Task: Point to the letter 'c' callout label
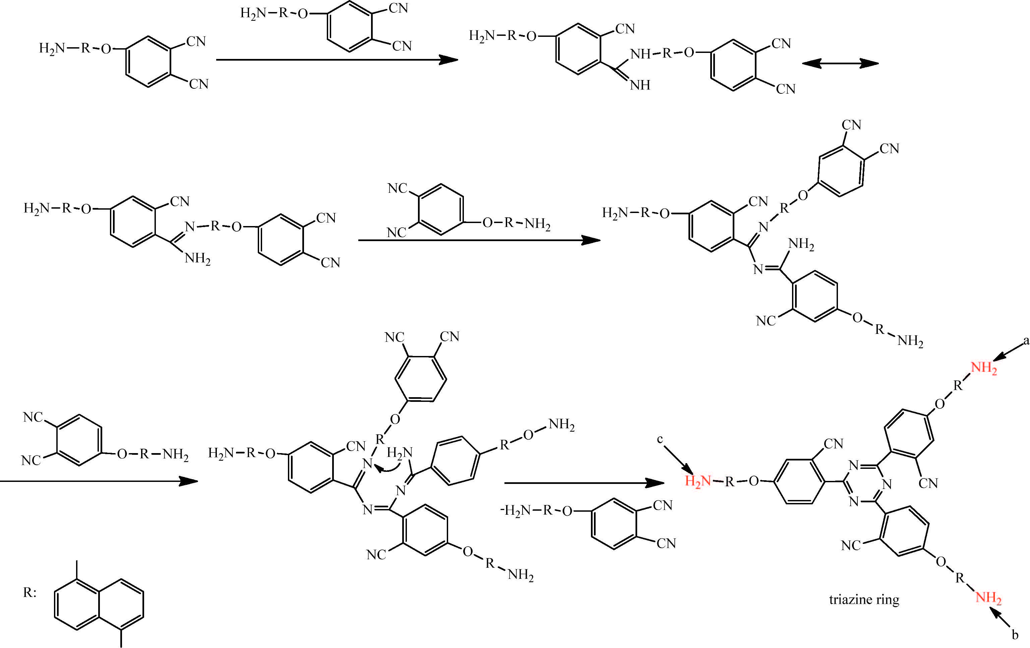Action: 660,439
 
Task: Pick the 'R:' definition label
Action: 29,592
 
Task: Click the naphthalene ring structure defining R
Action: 99,604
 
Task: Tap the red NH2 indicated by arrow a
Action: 983,368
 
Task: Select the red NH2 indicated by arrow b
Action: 988,597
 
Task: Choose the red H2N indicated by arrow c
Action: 697,481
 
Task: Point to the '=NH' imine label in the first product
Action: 640,85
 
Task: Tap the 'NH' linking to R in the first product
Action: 640,54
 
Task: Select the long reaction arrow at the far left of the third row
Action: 99,481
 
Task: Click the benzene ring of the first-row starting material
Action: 148,62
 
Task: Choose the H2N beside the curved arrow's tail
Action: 400,452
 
